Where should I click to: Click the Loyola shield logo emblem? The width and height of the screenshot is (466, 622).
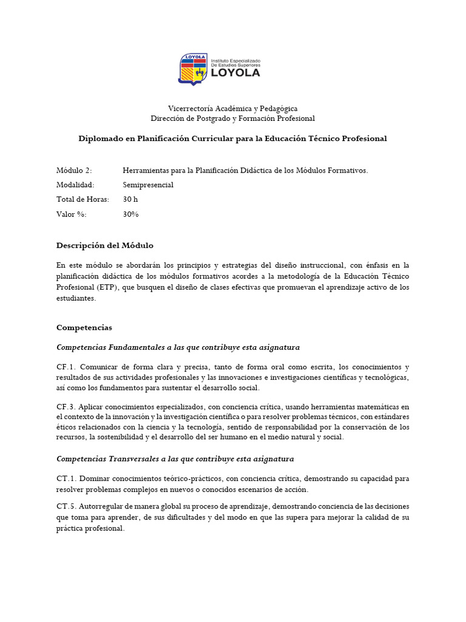(x=192, y=69)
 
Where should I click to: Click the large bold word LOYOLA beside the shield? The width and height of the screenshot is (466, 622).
(x=235, y=73)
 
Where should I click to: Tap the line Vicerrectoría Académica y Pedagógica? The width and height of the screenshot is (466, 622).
(x=232, y=108)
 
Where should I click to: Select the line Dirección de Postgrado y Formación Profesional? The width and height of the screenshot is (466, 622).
(x=232, y=118)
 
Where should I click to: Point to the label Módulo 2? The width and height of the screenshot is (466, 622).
(x=74, y=171)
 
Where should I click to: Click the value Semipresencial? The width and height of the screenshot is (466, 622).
(x=148, y=185)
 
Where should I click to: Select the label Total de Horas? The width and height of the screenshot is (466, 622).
(x=83, y=199)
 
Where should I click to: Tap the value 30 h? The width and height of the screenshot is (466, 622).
(x=131, y=199)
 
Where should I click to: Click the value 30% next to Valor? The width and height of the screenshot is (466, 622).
(x=131, y=214)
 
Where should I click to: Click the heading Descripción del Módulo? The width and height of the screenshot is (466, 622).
(x=105, y=245)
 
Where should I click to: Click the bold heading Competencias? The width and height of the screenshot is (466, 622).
(x=84, y=327)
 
